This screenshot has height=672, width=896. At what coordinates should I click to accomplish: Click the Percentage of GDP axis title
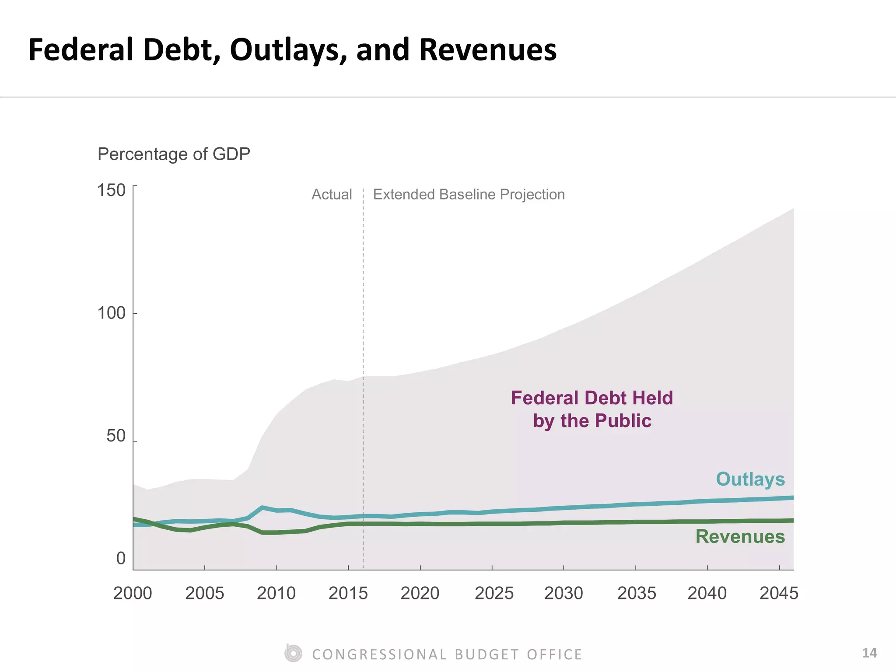[174, 154]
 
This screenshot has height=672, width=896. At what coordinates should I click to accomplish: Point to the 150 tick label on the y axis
[111, 191]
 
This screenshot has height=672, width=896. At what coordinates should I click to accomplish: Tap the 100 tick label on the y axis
[111, 313]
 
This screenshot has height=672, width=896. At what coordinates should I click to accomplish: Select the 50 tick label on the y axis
[115, 436]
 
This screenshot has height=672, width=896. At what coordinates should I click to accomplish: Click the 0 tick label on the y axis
[121, 559]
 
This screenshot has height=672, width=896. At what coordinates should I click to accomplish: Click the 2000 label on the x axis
[133, 593]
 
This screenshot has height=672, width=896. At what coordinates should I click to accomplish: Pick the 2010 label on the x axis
[276, 593]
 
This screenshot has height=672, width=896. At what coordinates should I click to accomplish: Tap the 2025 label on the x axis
[494, 593]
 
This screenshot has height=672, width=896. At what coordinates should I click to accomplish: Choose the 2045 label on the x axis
[779, 593]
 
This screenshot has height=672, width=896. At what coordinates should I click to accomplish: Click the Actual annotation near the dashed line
[332, 194]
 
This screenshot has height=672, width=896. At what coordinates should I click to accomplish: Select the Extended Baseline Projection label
[469, 194]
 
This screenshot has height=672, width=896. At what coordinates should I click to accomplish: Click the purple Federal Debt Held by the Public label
[592, 409]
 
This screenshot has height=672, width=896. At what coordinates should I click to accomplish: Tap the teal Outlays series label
[750, 479]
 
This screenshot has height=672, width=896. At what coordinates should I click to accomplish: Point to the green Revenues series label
[740, 536]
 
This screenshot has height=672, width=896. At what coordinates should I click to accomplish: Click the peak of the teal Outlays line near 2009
[262, 507]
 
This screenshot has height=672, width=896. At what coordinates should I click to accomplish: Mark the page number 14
[869, 653]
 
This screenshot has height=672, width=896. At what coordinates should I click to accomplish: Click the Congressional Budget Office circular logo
[293, 654]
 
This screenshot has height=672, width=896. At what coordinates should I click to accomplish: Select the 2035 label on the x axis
[637, 593]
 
